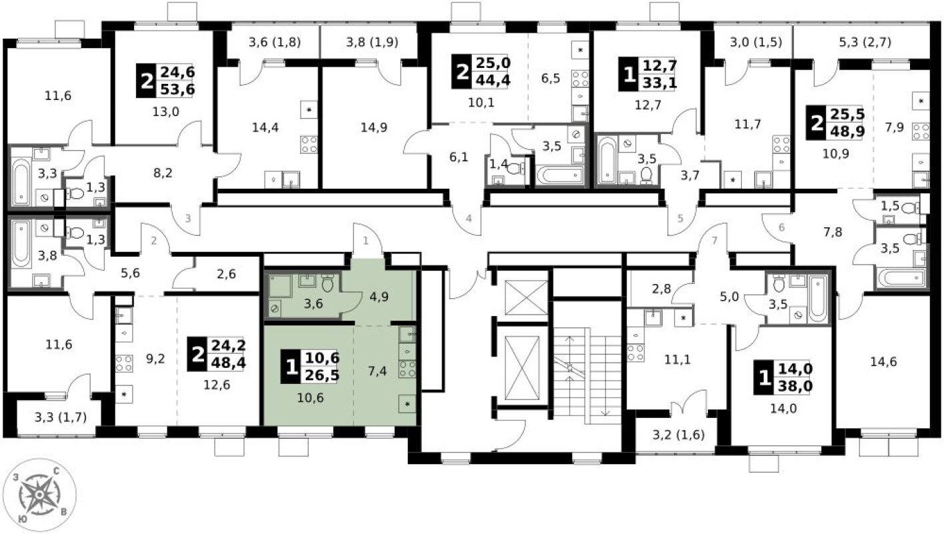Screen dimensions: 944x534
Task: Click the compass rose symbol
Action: [39, 495]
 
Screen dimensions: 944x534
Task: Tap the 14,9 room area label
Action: [374, 127]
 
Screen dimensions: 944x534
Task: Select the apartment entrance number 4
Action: [469, 219]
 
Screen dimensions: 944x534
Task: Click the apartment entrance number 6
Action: [782, 227]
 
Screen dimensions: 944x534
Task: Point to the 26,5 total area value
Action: [323, 375]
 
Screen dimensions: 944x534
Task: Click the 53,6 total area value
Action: [177, 89]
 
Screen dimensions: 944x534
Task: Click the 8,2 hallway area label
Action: [163, 173]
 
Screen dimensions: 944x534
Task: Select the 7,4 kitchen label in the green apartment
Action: [377, 371]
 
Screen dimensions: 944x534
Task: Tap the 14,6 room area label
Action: [884, 361]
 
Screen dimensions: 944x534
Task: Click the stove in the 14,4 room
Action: [309, 144]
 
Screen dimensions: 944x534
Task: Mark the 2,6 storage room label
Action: [226, 275]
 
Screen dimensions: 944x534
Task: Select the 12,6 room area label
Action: [217, 385]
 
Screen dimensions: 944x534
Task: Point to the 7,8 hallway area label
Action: [833, 232]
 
